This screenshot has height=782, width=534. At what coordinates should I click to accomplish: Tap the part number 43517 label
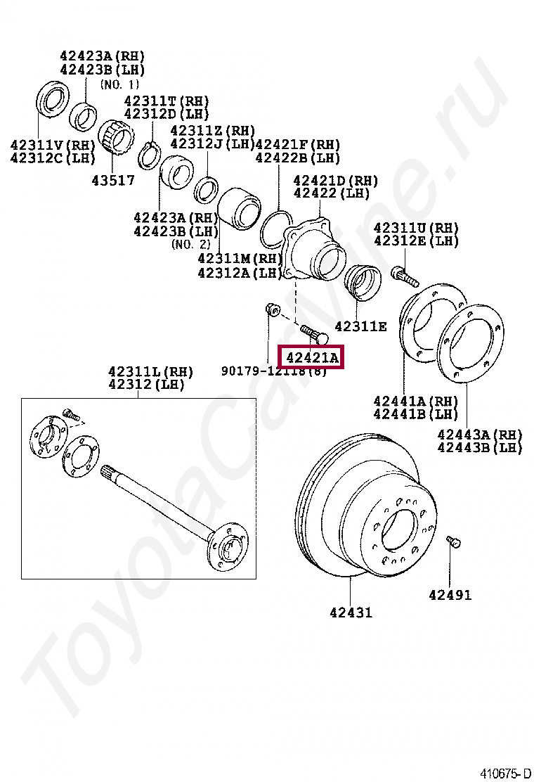coord(112,180)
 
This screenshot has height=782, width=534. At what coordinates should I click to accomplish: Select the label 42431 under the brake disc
coord(351,613)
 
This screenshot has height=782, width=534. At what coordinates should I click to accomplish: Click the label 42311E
coord(360,326)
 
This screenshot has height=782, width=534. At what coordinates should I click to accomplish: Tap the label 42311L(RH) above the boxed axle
coord(150,371)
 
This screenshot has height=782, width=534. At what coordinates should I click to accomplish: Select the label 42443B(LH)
coord(480,447)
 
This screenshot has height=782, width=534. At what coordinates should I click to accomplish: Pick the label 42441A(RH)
coord(416,402)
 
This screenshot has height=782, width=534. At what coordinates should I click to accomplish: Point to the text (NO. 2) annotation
coord(190,244)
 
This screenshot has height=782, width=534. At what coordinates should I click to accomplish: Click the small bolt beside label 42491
coord(453,542)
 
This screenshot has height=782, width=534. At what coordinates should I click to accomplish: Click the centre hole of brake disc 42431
coord(398,530)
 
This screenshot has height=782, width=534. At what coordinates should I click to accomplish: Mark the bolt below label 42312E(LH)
coord(406,275)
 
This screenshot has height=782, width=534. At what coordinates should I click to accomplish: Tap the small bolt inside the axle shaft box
coord(68,414)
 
